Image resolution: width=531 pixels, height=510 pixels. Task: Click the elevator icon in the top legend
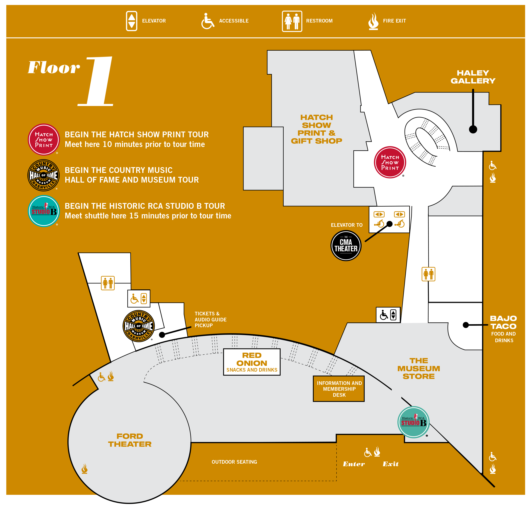[x=132, y=21]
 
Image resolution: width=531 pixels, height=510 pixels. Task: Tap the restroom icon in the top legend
[x=292, y=21]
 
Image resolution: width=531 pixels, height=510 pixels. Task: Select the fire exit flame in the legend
[x=373, y=21]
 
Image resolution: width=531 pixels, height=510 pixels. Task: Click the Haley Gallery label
[x=473, y=77]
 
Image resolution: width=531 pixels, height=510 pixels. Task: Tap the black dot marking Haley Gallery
[x=473, y=129]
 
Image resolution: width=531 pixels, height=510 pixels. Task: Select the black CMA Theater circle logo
[x=346, y=245]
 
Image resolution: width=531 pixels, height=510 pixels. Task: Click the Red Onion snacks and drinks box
[x=252, y=362]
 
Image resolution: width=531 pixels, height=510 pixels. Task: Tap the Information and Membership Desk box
[x=339, y=389]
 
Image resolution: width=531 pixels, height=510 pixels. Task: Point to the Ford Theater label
[x=130, y=440]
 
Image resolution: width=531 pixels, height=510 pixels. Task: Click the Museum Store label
[x=418, y=368]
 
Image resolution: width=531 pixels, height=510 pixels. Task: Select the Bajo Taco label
[x=503, y=322]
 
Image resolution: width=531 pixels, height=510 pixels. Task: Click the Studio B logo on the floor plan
[x=413, y=422]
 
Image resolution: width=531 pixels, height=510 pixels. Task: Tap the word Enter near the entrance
[x=354, y=464]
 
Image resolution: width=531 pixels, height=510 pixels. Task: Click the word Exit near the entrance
[x=390, y=464]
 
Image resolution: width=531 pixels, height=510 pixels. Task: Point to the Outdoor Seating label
[x=234, y=462]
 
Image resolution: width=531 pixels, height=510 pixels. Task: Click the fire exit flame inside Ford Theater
[x=85, y=468]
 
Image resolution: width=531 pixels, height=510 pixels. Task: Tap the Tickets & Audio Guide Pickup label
[x=210, y=319]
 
